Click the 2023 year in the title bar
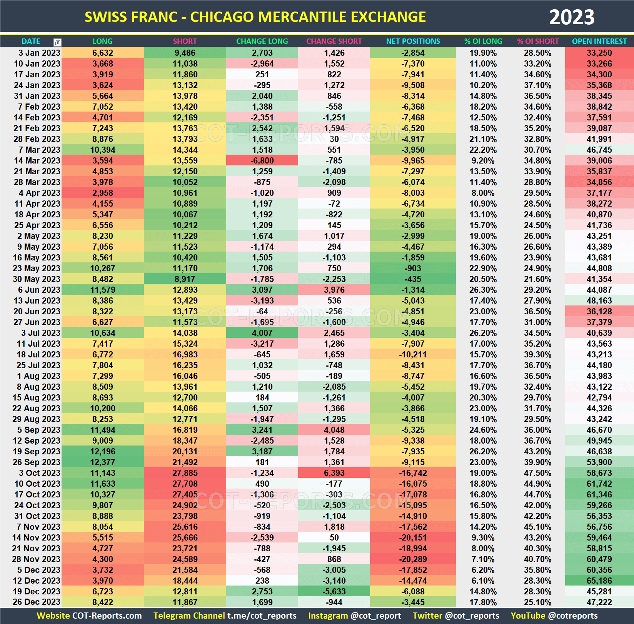click(571, 17)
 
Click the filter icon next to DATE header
click(57, 42)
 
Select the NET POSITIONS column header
click(413, 41)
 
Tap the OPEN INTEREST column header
click(599, 41)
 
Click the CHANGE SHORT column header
click(334, 41)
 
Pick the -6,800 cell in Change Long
click(262, 160)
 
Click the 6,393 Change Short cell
click(334, 473)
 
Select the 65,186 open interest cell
click(599, 581)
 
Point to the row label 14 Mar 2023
click(37, 160)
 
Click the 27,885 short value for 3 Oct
click(185, 473)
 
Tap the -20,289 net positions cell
click(413, 559)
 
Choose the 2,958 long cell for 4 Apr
click(102, 193)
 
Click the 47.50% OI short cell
click(537, 473)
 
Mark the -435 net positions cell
click(413, 279)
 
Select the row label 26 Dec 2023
click(37, 602)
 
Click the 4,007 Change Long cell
click(262, 333)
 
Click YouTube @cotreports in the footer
click(554, 616)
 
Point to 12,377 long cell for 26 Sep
click(102, 462)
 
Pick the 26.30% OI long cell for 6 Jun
click(483, 290)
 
